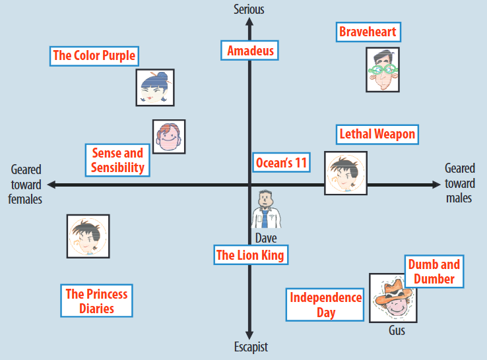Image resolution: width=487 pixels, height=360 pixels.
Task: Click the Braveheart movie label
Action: (x=368, y=32)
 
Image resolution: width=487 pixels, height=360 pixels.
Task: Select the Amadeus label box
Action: (x=249, y=50)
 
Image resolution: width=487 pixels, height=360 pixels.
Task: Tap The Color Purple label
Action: (x=94, y=56)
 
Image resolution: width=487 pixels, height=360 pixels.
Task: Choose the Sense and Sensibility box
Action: (x=117, y=160)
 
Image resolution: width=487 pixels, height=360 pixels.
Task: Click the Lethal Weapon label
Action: (x=377, y=135)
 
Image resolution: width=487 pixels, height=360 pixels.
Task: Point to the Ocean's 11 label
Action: (x=281, y=162)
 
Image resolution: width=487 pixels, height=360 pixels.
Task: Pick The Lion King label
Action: (x=251, y=255)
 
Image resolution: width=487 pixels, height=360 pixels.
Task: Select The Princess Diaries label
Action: (x=96, y=301)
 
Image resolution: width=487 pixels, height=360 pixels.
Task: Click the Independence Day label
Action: (x=325, y=305)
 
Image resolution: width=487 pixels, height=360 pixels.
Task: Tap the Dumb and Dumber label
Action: (x=434, y=272)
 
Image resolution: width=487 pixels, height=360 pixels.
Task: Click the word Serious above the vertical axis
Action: (x=249, y=9)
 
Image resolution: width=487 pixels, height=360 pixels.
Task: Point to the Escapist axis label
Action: (x=251, y=347)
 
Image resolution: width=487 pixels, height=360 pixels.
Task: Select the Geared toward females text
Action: (x=25, y=185)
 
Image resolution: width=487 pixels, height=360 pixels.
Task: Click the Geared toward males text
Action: (x=460, y=183)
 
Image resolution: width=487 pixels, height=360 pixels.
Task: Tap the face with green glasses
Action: (x=383, y=69)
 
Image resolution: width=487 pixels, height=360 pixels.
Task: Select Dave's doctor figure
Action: (x=265, y=209)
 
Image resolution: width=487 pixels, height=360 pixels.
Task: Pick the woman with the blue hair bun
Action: (x=155, y=88)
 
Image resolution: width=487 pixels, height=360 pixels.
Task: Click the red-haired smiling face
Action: (x=169, y=137)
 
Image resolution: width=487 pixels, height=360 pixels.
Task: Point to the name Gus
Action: (x=397, y=330)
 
